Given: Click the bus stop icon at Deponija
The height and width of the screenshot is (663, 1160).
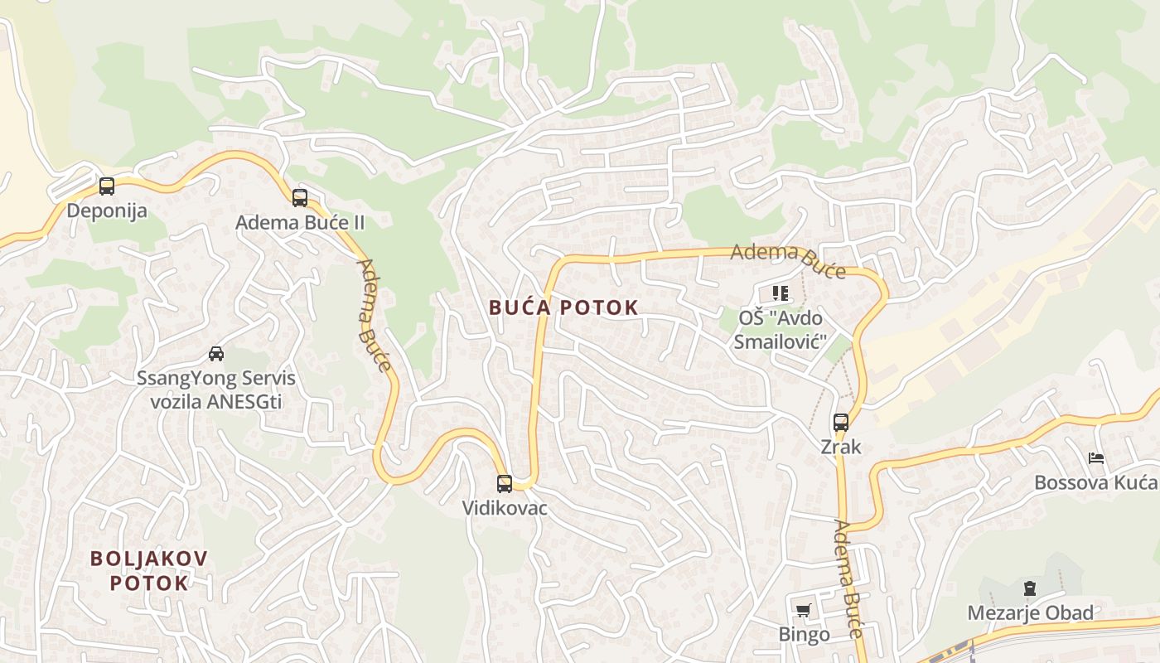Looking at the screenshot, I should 107,186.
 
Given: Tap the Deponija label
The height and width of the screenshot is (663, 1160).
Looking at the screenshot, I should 107,211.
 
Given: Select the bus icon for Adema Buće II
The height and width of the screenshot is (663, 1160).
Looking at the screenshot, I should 300,198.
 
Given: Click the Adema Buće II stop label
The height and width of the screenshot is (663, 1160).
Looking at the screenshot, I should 300,222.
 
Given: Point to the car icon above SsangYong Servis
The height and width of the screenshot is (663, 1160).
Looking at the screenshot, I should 216,354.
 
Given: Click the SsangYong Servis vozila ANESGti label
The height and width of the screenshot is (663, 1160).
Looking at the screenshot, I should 216,390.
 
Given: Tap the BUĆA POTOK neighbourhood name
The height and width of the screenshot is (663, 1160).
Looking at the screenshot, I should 563,307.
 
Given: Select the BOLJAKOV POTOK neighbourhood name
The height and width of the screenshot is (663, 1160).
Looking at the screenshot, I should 149,570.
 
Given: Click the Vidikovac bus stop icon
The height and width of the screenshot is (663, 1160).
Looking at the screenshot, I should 505,484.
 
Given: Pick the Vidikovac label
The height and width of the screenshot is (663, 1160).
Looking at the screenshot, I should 505,508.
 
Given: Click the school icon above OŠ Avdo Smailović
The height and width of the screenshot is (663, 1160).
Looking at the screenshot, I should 780,293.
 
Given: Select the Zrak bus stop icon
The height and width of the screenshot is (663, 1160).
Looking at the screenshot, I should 841,423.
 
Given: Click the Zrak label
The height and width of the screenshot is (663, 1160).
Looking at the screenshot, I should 841,447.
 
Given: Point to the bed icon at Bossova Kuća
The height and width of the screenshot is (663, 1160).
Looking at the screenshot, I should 1096,458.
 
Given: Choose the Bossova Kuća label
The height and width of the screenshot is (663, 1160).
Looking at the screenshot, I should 1095,482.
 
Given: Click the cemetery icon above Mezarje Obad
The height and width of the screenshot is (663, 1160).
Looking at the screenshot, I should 1030,589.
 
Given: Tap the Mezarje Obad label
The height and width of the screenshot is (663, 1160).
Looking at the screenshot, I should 1031,613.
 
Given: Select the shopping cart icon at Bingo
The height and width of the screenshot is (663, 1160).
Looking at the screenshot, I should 803,611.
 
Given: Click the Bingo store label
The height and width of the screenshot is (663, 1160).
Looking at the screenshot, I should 804,635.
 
